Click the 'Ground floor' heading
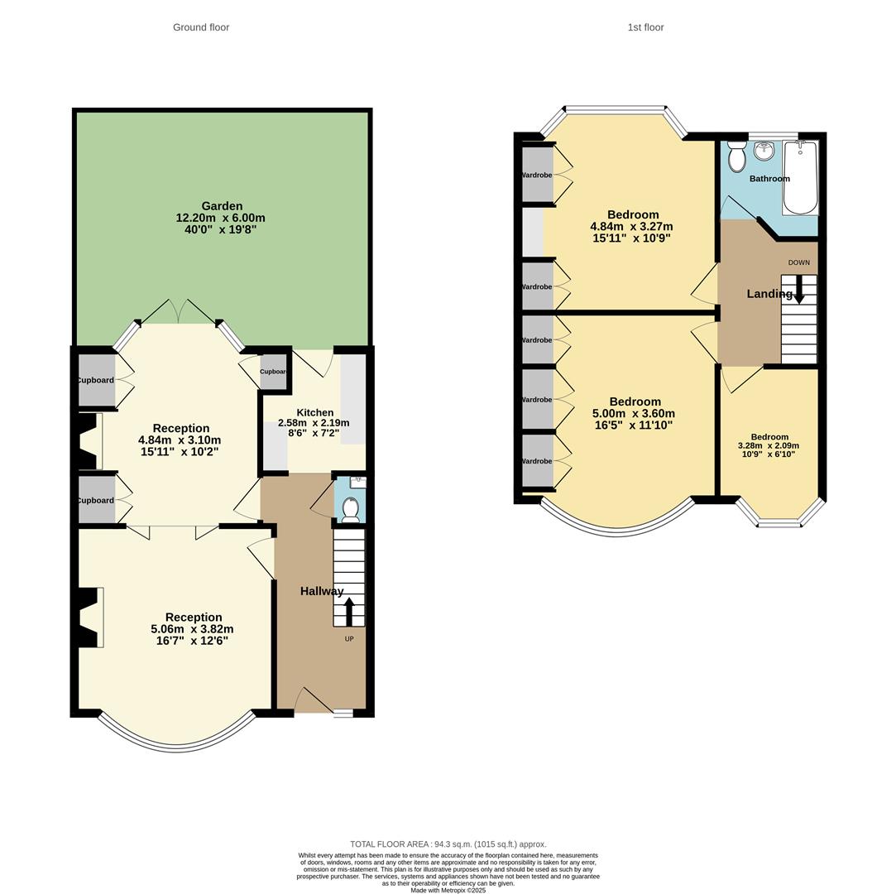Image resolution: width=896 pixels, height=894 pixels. [201, 27]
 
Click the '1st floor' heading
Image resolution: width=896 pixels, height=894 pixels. [645, 27]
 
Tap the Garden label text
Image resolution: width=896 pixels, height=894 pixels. [222, 206]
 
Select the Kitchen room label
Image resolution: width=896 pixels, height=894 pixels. [314, 412]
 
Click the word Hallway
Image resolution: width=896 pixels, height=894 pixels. [322, 591]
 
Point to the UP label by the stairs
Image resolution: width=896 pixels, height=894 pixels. [349, 638]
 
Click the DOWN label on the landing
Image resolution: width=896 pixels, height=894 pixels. [798, 262]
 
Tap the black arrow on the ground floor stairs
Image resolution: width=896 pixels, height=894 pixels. [349, 611]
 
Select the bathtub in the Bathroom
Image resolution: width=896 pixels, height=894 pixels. [800, 177]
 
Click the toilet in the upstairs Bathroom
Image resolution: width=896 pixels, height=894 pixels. [736, 156]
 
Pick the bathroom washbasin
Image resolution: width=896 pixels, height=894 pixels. [764, 151]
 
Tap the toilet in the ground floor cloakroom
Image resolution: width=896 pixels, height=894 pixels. [351, 508]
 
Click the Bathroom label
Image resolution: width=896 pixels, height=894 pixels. [769, 179]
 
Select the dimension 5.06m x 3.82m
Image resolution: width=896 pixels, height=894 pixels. [193, 629]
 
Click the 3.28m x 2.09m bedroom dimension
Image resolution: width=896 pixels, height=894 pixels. [769, 445]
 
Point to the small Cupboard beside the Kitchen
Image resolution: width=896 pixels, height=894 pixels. [273, 372]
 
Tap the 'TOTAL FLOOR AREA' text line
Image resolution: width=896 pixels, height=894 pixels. [448, 844]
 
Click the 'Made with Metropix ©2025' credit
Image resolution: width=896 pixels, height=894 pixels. [448, 890]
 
